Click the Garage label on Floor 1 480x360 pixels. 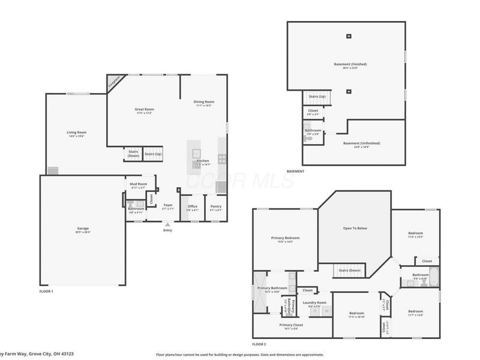coord(83,229)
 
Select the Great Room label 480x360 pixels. coord(144,109)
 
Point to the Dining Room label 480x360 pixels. coord(203,101)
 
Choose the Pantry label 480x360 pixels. coord(215,206)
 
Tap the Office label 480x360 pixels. coord(192,206)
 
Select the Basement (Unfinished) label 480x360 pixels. coord(361,143)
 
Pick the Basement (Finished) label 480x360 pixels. coord(350,64)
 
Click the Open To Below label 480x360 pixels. coord(355,229)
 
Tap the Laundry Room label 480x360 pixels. coord(314,302)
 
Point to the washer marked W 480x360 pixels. coord(326,311)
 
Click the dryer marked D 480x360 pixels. coord(315,311)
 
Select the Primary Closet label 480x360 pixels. coord(290,325)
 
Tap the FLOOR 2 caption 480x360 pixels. coord(259,344)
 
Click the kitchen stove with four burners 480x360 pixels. coord(222,159)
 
